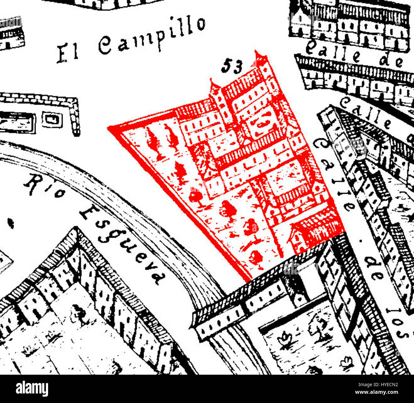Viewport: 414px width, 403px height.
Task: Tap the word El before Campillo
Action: (x=68, y=52)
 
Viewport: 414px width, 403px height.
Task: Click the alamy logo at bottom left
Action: (x=32, y=389)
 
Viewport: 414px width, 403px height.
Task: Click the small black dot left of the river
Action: (x=11, y=223)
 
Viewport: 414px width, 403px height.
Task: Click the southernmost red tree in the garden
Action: (x=256, y=258)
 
